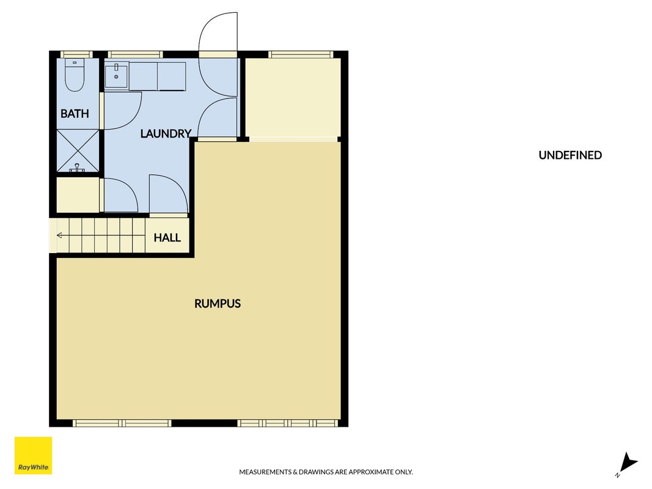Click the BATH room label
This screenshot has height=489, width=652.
pyautogui.click(x=75, y=114)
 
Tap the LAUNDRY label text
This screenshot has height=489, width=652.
pyautogui.click(x=166, y=133)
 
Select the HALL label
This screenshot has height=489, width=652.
pyautogui.click(x=167, y=237)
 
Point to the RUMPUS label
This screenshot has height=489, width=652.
pyautogui.click(x=218, y=304)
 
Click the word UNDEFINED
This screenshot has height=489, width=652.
pyautogui.click(x=570, y=155)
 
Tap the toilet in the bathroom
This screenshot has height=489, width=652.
pyautogui.click(x=75, y=75)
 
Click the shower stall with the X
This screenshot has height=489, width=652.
pyautogui.click(x=78, y=150)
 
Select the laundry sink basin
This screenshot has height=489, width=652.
pyautogui.click(x=117, y=75)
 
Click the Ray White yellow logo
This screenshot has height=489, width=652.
pyautogui.click(x=33, y=455)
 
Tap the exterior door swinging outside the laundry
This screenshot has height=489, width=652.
pyautogui.click(x=218, y=32)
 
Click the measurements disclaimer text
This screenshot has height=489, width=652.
pyautogui.click(x=326, y=472)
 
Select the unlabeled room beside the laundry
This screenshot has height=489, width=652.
pyautogui.click(x=293, y=98)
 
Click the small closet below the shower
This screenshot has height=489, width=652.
pyautogui.click(x=78, y=195)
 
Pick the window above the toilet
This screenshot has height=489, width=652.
pyautogui.click(x=76, y=54)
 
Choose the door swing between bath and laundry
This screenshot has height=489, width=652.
pyautogui.click(x=123, y=111)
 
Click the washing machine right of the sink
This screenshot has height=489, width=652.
pyautogui.click(x=171, y=76)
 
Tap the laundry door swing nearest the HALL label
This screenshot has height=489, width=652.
pyautogui.click(x=168, y=194)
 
